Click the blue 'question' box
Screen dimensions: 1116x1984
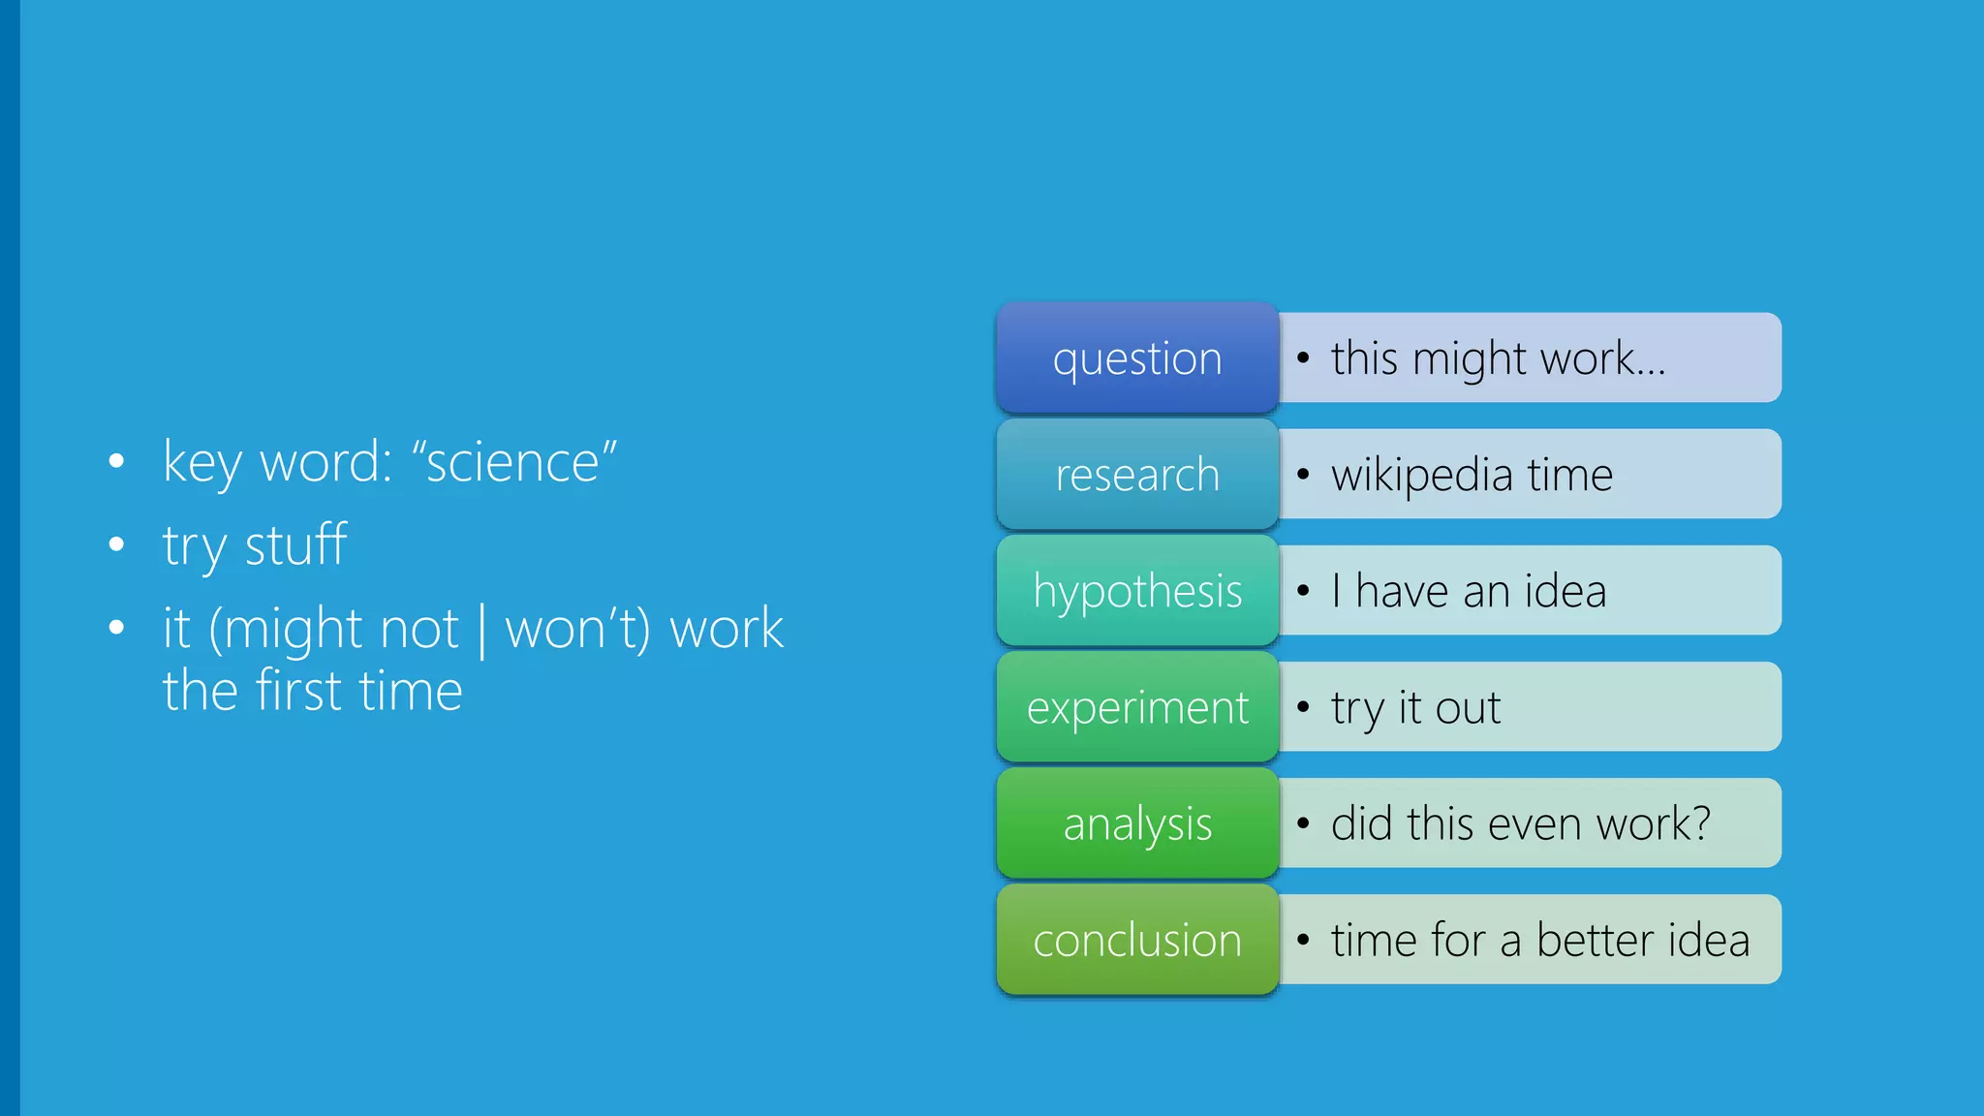coord(1137,357)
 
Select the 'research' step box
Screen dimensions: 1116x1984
coord(1137,474)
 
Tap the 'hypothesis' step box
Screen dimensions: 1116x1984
coord(1137,590)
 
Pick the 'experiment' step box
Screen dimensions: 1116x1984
coord(1137,706)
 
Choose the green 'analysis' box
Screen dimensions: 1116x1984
coord(1137,822)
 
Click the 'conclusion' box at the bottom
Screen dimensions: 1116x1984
coord(1137,939)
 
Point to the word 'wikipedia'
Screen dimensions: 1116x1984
coord(1421,476)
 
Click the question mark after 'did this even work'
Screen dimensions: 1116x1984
coord(1699,822)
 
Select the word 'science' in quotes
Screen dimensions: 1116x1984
coord(513,462)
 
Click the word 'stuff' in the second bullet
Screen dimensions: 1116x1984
coord(295,544)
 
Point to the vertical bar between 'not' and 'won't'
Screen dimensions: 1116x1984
coord(481,630)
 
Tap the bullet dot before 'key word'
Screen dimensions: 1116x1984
coord(117,461)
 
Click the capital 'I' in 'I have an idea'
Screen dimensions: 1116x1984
coord(1337,590)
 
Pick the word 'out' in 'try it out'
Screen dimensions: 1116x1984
coord(1468,708)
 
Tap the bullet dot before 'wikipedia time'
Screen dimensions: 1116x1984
coord(1303,475)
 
